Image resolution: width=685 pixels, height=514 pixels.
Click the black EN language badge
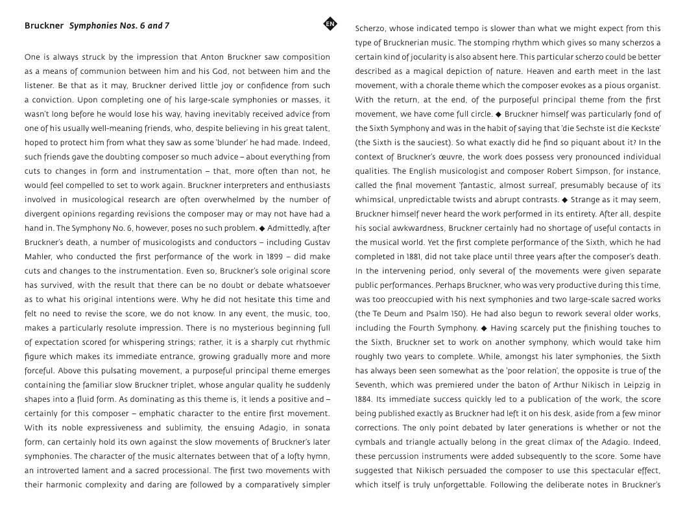pyautogui.click(x=330, y=25)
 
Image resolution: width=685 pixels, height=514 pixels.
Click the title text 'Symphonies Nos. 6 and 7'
pyautogui.click(x=119, y=26)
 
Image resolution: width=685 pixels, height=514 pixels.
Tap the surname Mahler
pyautogui.click(x=39, y=257)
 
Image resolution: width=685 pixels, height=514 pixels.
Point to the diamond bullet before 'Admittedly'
pyautogui.click(x=262, y=228)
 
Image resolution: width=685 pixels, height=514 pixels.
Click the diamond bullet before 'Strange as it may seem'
pyautogui.click(x=564, y=200)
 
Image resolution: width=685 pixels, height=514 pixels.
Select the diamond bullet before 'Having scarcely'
pyautogui.click(x=484, y=328)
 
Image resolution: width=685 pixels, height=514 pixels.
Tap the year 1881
pyautogui.click(x=411, y=257)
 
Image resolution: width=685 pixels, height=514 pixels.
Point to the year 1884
pyautogui.click(x=363, y=399)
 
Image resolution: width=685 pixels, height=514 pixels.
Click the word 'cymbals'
pyautogui.click(x=370, y=442)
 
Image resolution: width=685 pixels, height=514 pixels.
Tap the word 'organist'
pyautogui.click(x=642, y=86)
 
